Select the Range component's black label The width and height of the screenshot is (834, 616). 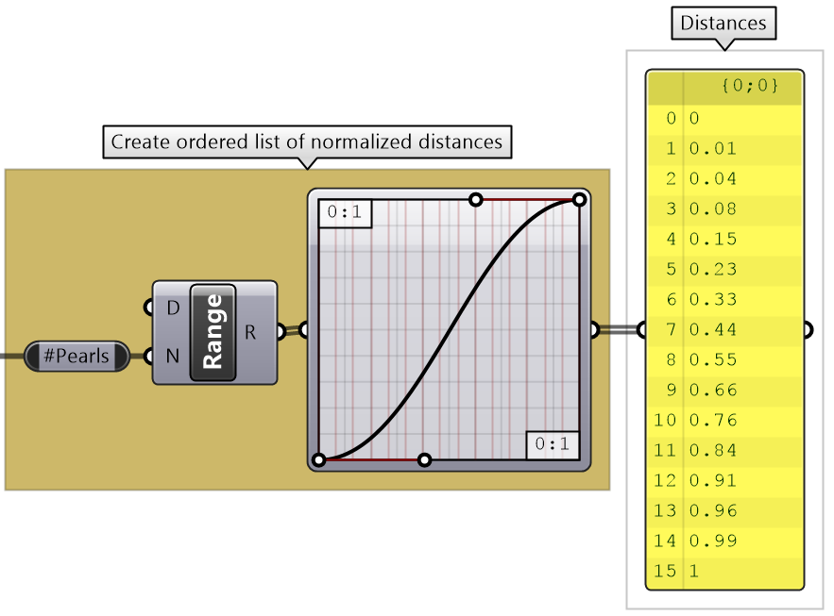click(x=213, y=331)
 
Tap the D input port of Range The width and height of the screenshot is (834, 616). click(x=147, y=308)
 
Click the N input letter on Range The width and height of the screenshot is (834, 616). click(x=173, y=357)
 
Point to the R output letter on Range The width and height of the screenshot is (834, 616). click(x=250, y=331)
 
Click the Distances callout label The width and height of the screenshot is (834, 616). click(x=723, y=23)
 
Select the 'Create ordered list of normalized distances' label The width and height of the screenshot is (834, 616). click(x=306, y=142)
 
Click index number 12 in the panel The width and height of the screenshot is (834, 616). click(x=666, y=480)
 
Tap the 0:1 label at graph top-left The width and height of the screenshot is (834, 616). click(x=345, y=213)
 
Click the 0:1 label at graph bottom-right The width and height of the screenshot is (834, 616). click(x=553, y=443)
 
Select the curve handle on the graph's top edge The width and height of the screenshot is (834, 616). click(x=476, y=199)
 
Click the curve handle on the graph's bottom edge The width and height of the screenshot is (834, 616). click(x=424, y=459)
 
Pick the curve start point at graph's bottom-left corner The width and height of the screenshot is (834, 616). click(x=319, y=459)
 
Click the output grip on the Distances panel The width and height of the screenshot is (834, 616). click(x=808, y=330)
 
